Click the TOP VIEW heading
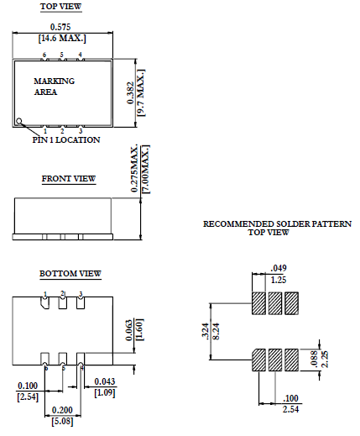pos(62,7)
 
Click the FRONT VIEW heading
pos(69,178)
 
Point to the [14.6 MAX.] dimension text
pos(62,39)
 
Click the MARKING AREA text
pos(54,87)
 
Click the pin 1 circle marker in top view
pos(19,122)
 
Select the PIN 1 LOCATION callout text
pos(66,140)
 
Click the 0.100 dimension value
pos(28,385)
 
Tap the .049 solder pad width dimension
pos(279,268)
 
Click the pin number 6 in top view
pos(44,55)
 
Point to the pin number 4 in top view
pos(80,55)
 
